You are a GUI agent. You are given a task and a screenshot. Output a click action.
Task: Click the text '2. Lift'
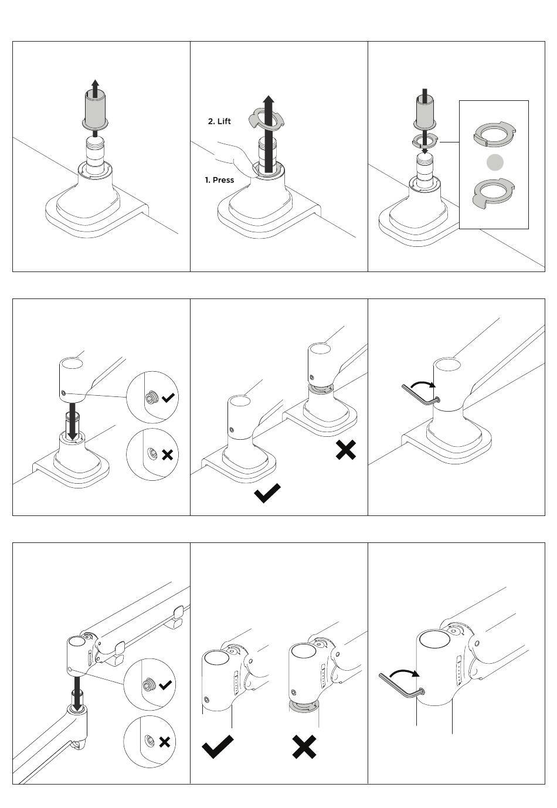click(x=219, y=121)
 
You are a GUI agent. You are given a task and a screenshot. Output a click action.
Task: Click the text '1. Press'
click(x=219, y=180)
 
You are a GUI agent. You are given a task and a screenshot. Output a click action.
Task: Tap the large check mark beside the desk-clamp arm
click(x=267, y=493)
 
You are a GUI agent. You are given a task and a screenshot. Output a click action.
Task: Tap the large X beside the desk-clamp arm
click(x=346, y=450)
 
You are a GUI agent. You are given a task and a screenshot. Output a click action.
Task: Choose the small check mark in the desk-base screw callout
click(x=168, y=398)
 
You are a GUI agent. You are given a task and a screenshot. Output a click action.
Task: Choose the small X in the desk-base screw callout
click(x=167, y=454)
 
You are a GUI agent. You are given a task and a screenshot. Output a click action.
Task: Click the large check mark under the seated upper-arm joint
click(x=217, y=746)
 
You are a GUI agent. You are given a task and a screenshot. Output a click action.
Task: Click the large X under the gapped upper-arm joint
click(x=304, y=746)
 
